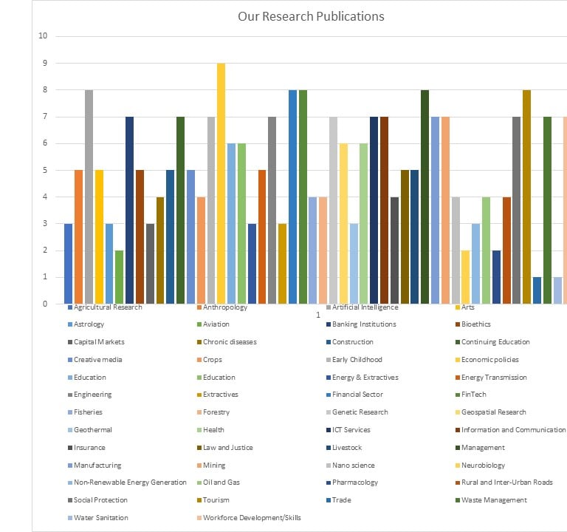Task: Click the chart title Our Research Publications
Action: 311,16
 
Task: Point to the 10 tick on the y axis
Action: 43,36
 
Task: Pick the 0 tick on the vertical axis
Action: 45,304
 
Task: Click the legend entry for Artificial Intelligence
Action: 365,307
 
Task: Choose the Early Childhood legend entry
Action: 357,360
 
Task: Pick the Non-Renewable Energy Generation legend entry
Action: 130,482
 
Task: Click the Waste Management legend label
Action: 494,500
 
